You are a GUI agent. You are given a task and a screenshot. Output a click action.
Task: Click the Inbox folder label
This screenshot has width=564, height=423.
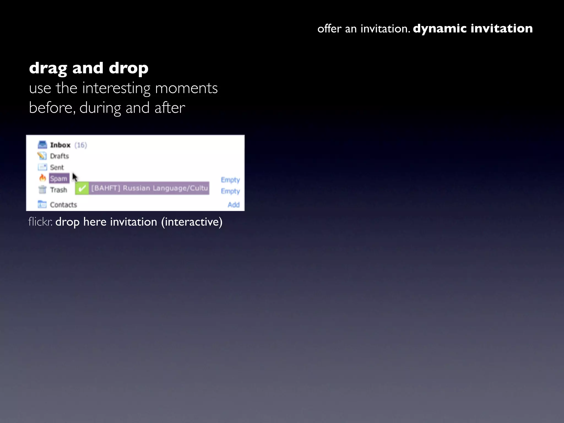pyautogui.click(x=60, y=145)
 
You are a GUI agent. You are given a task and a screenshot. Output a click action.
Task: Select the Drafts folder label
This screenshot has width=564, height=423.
pyautogui.click(x=59, y=156)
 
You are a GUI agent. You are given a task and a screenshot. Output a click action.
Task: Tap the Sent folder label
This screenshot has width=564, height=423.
pyautogui.click(x=57, y=167)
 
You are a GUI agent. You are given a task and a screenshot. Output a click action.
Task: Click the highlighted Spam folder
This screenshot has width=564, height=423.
pyautogui.click(x=59, y=179)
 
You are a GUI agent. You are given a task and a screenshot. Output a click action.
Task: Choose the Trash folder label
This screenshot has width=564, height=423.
pyautogui.click(x=58, y=190)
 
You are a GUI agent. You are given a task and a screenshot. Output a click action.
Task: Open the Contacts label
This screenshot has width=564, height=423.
pyautogui.click(x=63, y=205)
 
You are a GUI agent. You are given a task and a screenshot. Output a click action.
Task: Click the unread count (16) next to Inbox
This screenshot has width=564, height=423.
pyautogui.click(x=81, y=145)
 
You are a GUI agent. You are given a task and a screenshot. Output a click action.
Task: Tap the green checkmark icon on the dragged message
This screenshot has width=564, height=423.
pyautogui.click(x=82, y=188)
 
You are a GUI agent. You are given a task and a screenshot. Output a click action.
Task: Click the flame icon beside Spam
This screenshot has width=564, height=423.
pyautogui.click(x=42, y=178)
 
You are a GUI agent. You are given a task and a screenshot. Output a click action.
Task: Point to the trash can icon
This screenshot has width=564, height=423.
pyautogui.click(x=42, y=190)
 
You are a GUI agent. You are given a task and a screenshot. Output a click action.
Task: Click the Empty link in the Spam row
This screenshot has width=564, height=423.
pyautogui.click(x=230, y=180)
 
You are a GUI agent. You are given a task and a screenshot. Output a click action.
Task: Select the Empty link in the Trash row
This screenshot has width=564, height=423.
pyautogui.click(x=230, y=191)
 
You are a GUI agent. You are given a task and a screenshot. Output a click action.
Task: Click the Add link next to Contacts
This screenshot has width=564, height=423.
pyautogui.click(x=234, y=205)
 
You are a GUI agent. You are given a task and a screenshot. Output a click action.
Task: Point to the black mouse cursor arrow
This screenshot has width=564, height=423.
pyautogui.click(x=75, y=177)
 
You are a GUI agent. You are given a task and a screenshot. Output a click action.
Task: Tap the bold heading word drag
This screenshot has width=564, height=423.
pyautogui.click(x=48, y=68)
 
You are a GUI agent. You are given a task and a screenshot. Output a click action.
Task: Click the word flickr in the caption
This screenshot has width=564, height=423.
pyautogui.click(x=40, y=222)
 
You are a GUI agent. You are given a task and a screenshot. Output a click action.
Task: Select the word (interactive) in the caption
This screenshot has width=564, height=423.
pyautogui.click(x=192, y=222)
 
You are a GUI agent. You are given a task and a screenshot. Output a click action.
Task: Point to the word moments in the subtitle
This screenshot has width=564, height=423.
pyautogui.click(x=186, y=88)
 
